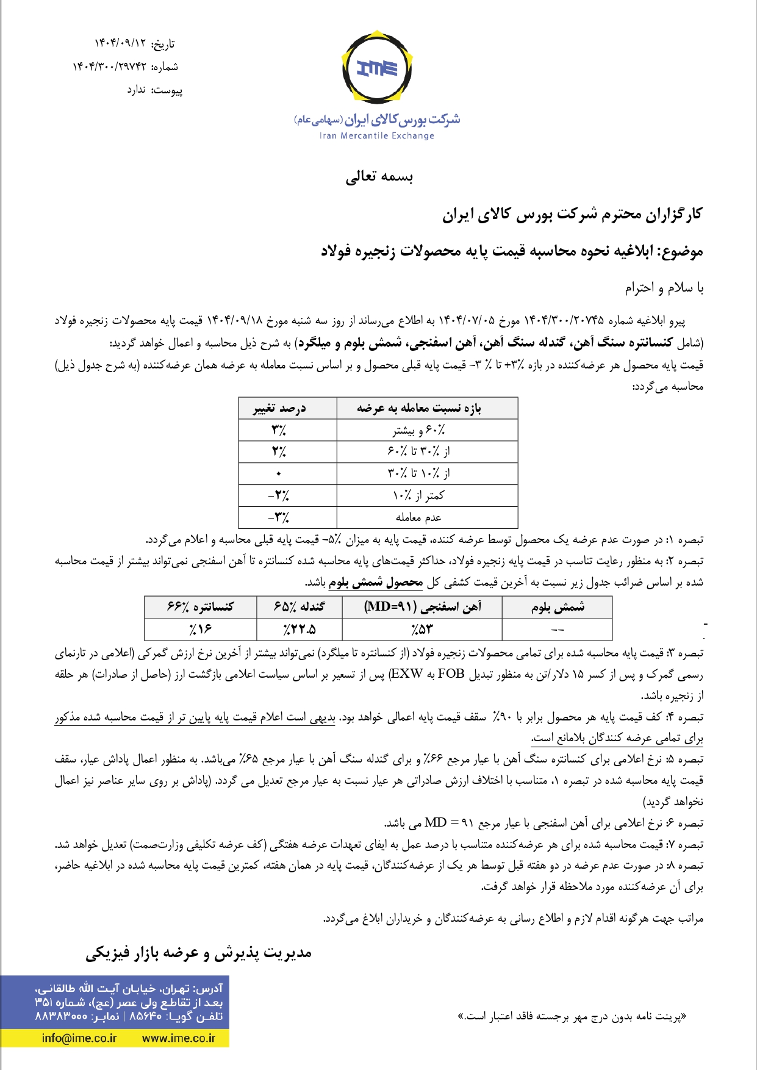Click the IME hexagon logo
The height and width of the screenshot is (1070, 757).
pyautogui.click(x=377, y=68)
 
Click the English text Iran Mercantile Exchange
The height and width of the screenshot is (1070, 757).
pyautogui.click(x=376, y=135)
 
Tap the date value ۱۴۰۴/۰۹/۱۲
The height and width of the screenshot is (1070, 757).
pyautogui.click(x=120, y=43)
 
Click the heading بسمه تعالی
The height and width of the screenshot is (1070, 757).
pyautogui.click(x=379, y=177)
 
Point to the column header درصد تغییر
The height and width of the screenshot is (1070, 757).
pyautogui.click(x=280, y=408)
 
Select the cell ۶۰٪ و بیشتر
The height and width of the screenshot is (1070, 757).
pyautogui.click(x=419, y=430)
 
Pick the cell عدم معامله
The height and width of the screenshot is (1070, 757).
pyautogui.click(x=418, y=517)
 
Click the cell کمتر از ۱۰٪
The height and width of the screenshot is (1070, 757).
pyautogui.click(x=418, y=495)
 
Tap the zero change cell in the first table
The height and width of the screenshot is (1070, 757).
pyautogui.click(x=279, y=473)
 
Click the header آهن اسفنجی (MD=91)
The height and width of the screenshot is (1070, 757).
pyautogui.click(x=422, y=607)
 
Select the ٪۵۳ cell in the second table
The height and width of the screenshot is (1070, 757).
pyautogui.click(x=422, y=629)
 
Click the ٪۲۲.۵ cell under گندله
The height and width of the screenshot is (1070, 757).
pyautogui.click(x=300, y=629)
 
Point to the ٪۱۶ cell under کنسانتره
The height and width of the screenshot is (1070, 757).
pyautogui.click(x=200, y=629)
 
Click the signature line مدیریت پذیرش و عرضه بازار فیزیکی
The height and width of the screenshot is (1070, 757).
pyautogui.click(x=198, y=953)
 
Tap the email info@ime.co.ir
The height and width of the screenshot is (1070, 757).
pyautogui.click(x=79, y=1038)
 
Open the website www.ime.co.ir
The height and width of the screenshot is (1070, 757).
pyautogui.click(x=179, y=1038)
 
